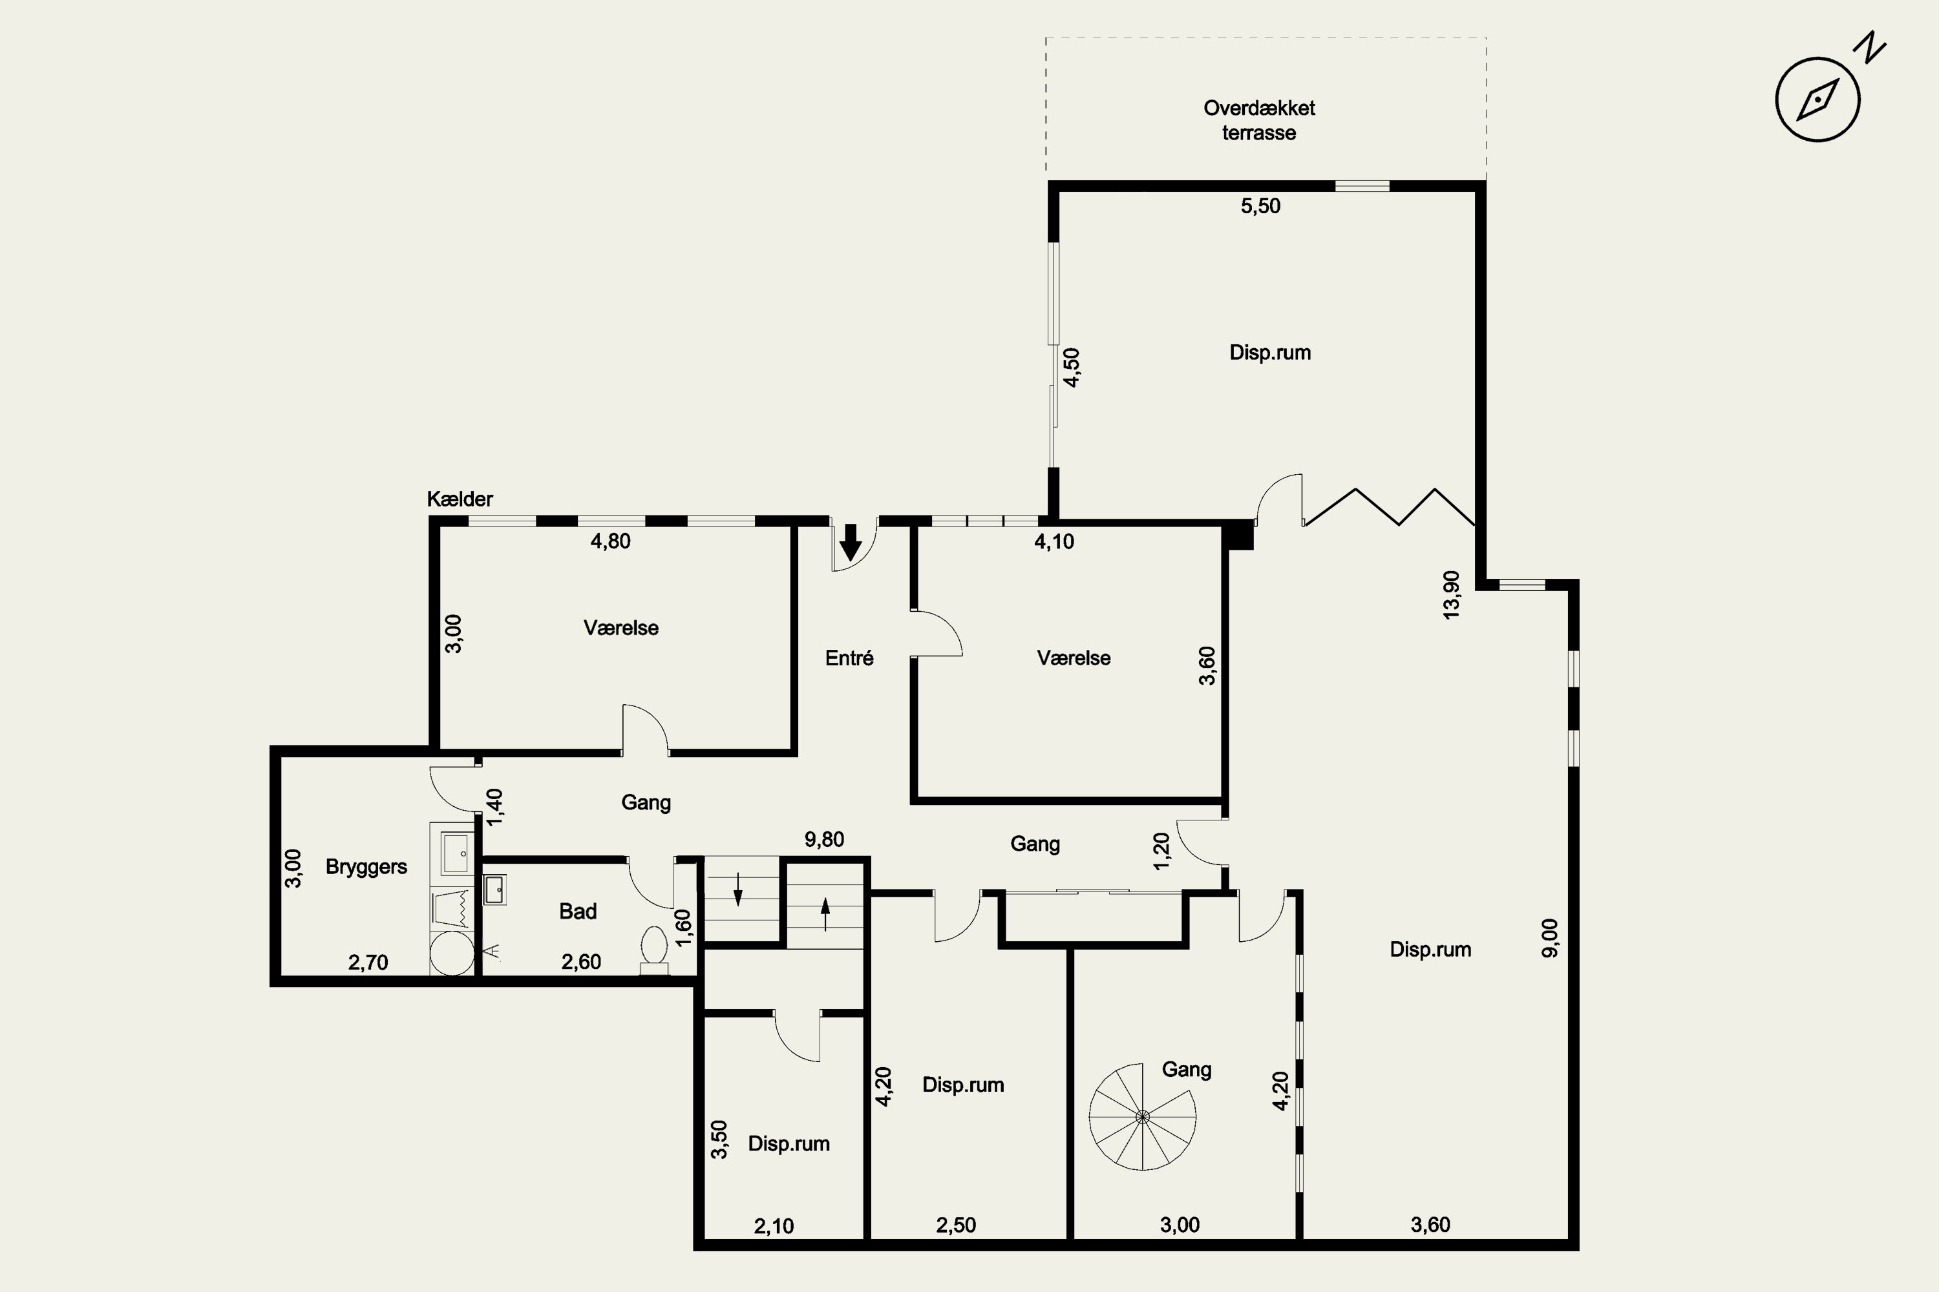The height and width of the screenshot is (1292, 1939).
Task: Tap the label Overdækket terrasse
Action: point(1259,120)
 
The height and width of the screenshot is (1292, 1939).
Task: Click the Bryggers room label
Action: point(366,867)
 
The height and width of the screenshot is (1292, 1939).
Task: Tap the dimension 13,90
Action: point(1451,595)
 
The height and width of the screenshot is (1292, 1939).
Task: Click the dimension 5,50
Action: point(1260,206)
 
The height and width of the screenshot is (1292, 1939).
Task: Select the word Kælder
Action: point(460,499)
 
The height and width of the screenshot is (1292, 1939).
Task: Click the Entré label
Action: point(849,658)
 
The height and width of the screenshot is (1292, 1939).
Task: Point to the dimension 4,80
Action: point(610,541)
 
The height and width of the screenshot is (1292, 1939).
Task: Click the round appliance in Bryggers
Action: point(452,954)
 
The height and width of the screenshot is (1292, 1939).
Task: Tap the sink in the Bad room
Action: point(494,890)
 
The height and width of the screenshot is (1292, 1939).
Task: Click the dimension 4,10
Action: point(1054,541)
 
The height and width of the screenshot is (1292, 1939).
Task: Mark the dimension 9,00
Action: point(1550,938)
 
